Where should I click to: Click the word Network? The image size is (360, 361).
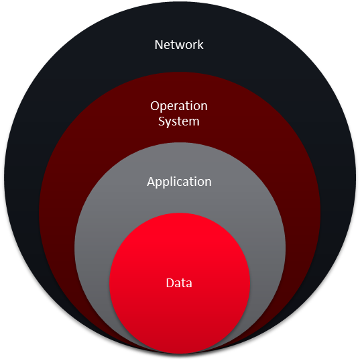[179, 44]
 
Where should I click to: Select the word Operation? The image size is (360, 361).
[179, 106]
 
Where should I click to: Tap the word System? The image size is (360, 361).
[179, 121]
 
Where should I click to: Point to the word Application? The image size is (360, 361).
[179, 182]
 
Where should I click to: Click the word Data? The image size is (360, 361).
[179, 283]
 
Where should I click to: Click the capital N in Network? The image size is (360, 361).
[159, 45]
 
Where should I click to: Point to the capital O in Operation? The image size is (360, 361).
[155, 106]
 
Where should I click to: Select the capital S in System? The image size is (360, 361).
[162, 121]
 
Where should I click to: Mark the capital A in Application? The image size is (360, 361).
[152, 182]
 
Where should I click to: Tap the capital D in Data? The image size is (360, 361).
[170, 283]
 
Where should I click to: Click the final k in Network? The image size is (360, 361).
[200, 44]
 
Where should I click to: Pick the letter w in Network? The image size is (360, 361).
[182, 46]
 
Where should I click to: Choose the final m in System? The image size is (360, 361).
[194, 123]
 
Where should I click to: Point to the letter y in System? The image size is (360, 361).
[169, 123]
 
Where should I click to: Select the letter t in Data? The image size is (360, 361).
[184, 284]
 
